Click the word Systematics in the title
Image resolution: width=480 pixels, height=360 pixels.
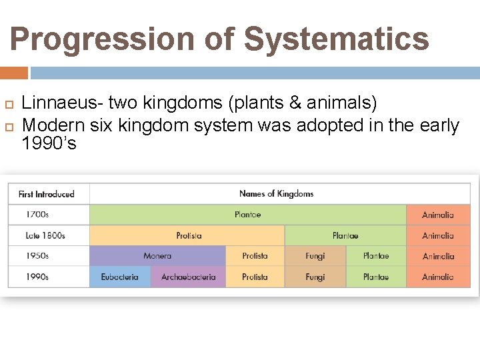click(x=337, y=39)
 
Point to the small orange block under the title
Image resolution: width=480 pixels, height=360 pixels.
click(x=14, y=73)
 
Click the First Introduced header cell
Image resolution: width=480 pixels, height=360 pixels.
click(x=47, y=194)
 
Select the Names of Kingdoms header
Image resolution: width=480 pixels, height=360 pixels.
click(x=276, y=194)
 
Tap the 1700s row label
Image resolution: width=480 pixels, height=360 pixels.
click(x=37, y=215)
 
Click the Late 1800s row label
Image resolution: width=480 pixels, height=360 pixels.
click(x=45, y=235)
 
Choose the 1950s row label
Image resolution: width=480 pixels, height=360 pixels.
click(x=37, y=256)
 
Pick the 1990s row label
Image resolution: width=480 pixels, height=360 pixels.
click(x=37, y=277)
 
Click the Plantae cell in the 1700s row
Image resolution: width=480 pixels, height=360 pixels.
click(x=247, y=215)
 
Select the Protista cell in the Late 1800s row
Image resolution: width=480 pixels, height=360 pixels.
click(x=189, y=235)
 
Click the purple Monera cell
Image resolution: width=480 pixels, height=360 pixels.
click(x=157, y=256)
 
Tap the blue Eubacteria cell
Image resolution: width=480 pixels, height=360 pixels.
click(x=120, y=277)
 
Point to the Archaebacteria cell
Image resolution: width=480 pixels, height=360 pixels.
click(x=188, y=277)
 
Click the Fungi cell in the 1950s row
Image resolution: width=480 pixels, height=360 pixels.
click(x=315, y=256)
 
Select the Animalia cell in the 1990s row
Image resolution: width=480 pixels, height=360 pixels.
click(x=437, y=277)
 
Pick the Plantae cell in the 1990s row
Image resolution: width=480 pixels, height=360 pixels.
click(x=376, y=277)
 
